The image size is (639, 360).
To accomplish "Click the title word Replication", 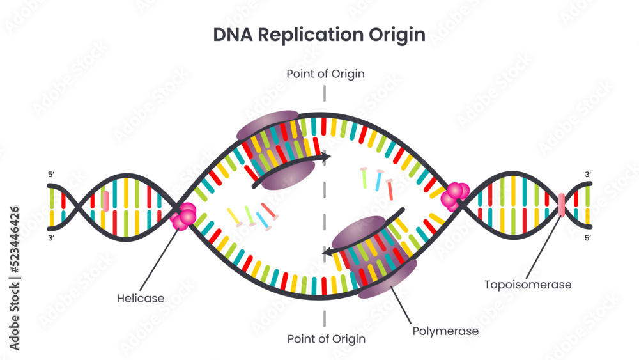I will tap(311, 35).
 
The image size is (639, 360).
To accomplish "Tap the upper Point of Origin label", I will tap(325, 74).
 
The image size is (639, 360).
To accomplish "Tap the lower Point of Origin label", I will tap(326, 339).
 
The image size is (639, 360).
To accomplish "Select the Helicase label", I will tap(141, 298).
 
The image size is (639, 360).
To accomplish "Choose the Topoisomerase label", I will tap(527, 284).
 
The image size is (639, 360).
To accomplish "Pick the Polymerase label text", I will tap(445, 331).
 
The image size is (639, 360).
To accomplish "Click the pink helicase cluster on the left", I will tap(183, 217).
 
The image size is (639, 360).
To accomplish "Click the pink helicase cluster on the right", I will tap(456, 196).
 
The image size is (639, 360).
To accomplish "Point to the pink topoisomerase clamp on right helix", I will tap(562, 205).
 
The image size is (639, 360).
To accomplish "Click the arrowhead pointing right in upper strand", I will tap(326, 156).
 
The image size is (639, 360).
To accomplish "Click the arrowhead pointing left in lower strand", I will tap(327, 253).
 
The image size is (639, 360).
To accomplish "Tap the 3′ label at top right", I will tap(588, 175).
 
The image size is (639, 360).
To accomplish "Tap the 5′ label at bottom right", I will tap(588, 238).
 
